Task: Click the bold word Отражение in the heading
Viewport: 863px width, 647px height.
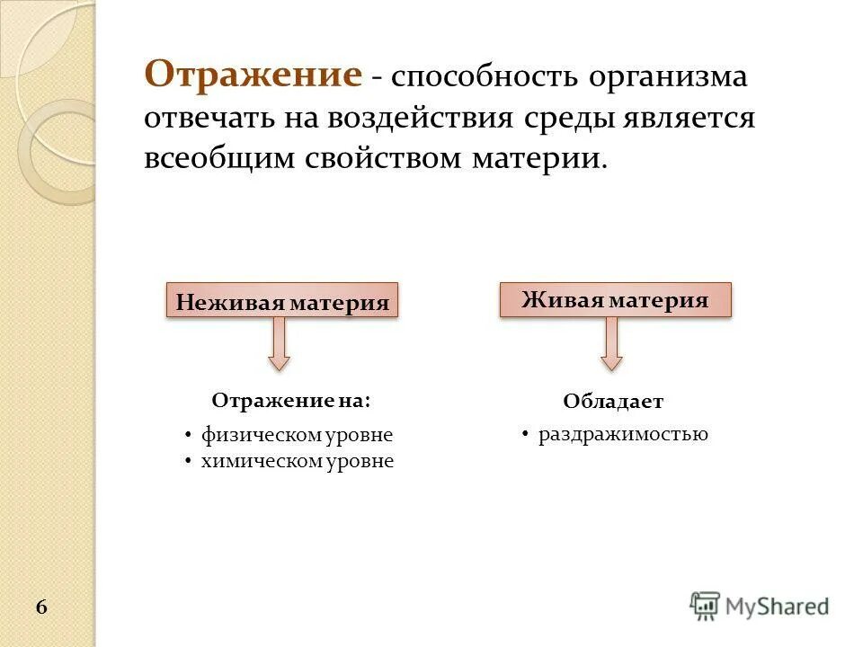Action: tap(254, 75)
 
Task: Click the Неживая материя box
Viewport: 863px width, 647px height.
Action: tap(282, 301)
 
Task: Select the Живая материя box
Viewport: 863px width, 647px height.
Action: tap(615, 299)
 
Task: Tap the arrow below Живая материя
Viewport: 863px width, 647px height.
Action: tap(612, 344)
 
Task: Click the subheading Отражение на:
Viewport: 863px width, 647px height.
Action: tap(290, 400)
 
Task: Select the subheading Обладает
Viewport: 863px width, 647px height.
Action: tap(613, 402)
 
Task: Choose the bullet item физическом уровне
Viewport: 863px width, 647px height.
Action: tap(297, 435)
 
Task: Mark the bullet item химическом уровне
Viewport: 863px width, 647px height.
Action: tap(297, 462)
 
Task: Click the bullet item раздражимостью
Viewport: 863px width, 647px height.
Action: tap(623, 434)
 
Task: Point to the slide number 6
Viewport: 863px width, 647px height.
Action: tap(42, 607)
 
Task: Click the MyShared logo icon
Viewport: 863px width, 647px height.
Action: tap(706, 606)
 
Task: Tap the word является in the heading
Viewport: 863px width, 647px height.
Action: tap(687, 118)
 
